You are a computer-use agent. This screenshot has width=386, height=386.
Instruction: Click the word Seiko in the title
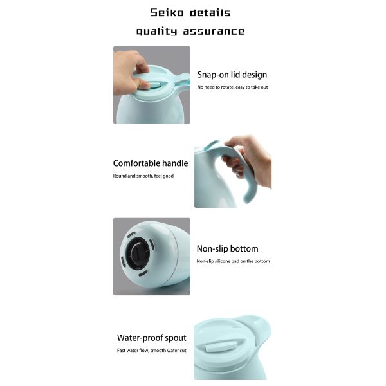167,13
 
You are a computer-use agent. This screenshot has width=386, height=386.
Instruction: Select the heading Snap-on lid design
232,75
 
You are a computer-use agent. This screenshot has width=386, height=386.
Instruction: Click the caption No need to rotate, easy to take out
232,87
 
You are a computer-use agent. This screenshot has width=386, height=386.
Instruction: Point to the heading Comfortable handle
151,163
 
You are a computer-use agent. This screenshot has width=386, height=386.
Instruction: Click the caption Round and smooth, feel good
143,176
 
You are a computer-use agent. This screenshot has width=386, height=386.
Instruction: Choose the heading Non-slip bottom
228,248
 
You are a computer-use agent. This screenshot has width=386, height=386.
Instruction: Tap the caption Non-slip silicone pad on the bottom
233,261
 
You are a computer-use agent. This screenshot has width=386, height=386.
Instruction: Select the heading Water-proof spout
152,338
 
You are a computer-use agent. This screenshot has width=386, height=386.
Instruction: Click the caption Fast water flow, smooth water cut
152,351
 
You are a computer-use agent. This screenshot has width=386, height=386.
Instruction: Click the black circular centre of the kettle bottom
138,253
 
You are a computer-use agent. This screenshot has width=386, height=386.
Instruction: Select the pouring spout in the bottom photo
256,327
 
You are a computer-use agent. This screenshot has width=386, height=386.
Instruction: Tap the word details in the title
210,13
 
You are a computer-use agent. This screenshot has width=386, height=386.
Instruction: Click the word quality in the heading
157,32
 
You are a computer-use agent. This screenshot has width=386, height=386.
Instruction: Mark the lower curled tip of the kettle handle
248,198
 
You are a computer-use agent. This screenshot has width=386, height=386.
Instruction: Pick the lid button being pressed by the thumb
154,85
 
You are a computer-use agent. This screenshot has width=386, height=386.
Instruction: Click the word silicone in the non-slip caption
223,261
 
